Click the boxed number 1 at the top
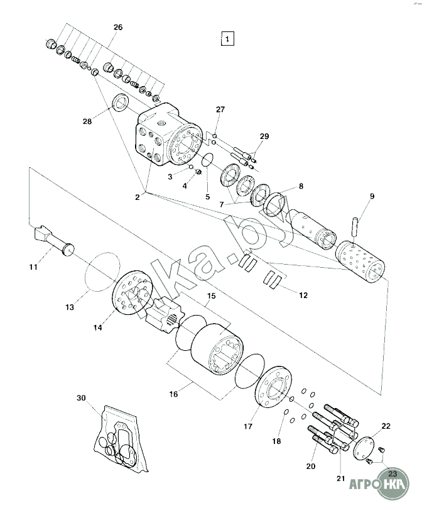(x=227, y=38)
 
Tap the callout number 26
(x=118, y=27)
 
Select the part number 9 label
(x=372, y=196)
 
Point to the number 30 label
(x=81, y=398)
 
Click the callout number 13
(x=70, y=307)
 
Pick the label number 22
(x=386, y=426)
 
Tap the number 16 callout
(x=173, y=394)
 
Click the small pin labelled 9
(x=355, y=226)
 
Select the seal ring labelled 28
(x=121, y=102)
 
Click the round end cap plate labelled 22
(x=364, y=448)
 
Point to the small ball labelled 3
(x=190, y=168)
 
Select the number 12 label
(x=303, y=295)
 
